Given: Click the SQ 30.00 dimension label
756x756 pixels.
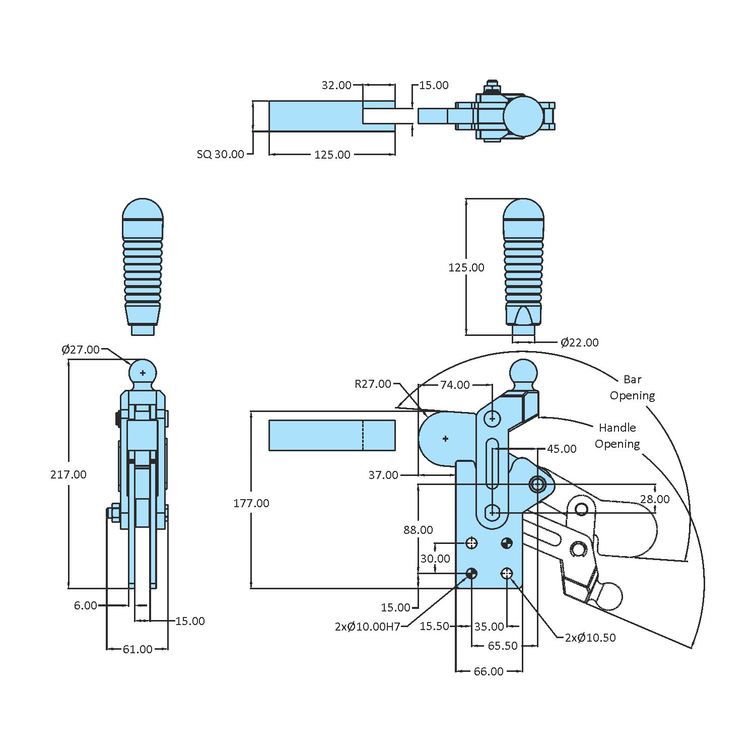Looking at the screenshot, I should [220, 154].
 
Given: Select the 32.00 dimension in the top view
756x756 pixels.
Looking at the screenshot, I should [336, 85].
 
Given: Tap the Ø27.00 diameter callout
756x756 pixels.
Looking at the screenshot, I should [81, 350].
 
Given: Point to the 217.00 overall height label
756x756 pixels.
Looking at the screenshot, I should [68, 474].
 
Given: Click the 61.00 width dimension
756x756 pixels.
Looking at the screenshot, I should [138, 649].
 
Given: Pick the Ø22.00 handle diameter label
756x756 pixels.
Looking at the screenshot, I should [579, 342].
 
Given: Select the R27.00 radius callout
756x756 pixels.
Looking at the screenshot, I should [373, 384].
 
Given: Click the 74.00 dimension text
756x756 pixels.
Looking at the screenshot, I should [455, 385].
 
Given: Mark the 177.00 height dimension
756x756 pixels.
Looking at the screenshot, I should [251, 503].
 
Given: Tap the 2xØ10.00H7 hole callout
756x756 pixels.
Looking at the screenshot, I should [367, 627].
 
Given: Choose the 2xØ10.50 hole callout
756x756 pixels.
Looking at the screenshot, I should [590, 638].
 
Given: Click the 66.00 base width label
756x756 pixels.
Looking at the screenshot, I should [488, 671].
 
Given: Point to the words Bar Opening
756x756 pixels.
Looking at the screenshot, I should [632, 387].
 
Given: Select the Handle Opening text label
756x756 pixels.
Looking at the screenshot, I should [617, 436].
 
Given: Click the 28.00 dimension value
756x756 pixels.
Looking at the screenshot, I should [655, 499].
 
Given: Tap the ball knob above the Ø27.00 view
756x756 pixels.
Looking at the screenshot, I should [143, 373].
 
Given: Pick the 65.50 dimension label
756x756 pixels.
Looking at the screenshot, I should [503, 646].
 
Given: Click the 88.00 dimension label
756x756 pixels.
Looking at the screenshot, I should [418, 530].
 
